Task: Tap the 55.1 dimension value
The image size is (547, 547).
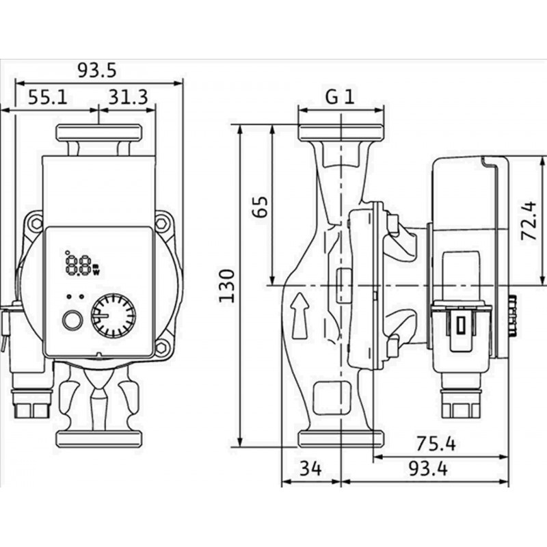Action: pyautogui.click(x=48, y=98)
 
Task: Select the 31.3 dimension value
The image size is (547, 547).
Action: pyautogui.click(x=127, y=98)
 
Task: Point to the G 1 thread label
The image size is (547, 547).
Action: pyautogui.click(x=340, y=97)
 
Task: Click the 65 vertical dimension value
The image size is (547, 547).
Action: pyautogui.click(x=259, y=205)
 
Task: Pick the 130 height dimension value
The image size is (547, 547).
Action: pyautogui.click(x=228, y=285)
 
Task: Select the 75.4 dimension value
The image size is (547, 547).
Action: pyautogui.click(x=436, y=444)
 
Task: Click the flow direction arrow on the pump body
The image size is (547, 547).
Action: pyautogui.click(x=299, y=316)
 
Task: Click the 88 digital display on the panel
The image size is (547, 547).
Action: pyautogui.click(x=79, y=263)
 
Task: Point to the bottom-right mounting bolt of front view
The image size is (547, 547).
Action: pyautogui.click(x=162, y=348)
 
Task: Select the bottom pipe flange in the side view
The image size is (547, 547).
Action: pyautogui.click(x=341, y=438)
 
